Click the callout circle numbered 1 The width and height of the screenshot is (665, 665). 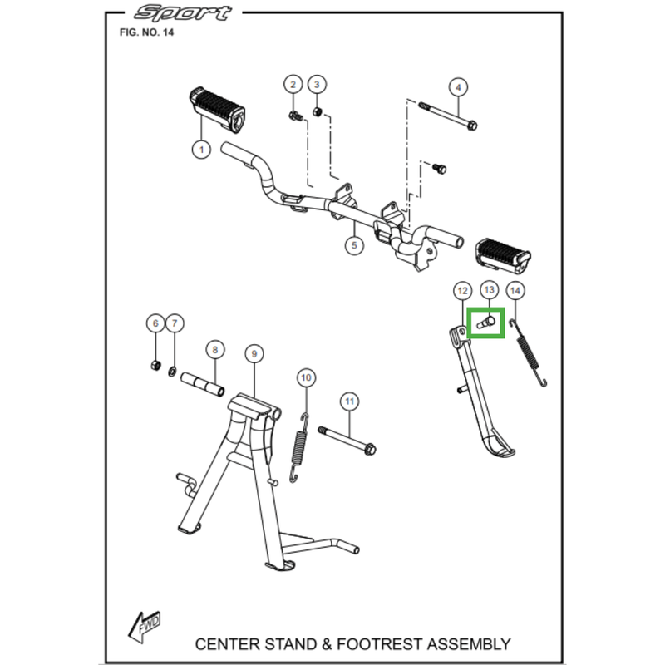point(199,150)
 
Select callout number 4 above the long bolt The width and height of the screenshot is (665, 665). point(456,86)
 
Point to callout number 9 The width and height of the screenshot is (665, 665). point(253,353)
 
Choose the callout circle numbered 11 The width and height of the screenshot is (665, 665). point(350,401)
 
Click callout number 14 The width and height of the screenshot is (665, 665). point(515,290)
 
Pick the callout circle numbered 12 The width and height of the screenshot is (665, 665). point(461,290)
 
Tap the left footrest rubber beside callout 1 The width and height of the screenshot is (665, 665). point(218,108)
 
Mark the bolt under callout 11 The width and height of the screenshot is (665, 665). point(346,440)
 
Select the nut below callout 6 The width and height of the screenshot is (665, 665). point(155,367)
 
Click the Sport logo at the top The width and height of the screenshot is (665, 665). point(185,14)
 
